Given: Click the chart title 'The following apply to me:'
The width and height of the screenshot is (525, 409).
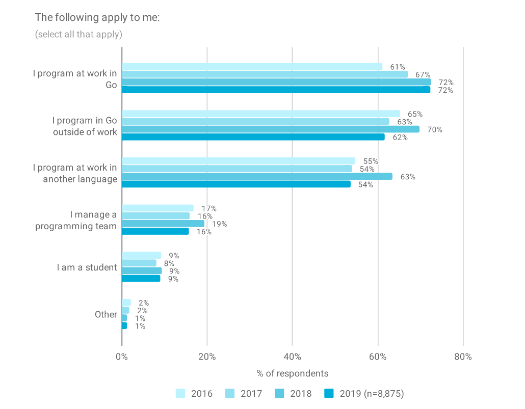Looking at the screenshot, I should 97,17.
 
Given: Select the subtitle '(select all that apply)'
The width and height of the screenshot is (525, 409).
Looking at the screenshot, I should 78,35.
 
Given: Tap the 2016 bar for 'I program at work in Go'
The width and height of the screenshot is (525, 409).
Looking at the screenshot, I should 252,67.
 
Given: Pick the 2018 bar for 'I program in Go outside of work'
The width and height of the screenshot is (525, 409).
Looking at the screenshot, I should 270,129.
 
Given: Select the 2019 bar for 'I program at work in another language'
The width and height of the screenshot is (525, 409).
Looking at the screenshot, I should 236,184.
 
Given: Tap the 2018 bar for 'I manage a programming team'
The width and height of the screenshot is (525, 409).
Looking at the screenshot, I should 163,224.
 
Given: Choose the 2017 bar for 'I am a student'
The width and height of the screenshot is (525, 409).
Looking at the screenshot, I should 139,263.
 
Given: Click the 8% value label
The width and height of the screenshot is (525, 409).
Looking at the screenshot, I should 169,263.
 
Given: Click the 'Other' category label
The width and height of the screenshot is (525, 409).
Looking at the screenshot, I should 106,314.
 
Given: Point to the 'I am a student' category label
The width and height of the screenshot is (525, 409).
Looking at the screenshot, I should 87,267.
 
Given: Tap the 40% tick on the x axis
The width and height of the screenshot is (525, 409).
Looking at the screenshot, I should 292,357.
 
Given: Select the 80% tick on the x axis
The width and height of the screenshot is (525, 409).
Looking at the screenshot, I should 463,357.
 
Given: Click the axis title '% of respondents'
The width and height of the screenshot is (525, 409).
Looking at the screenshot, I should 293,373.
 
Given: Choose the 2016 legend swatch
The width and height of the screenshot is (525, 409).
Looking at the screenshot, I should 181,393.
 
